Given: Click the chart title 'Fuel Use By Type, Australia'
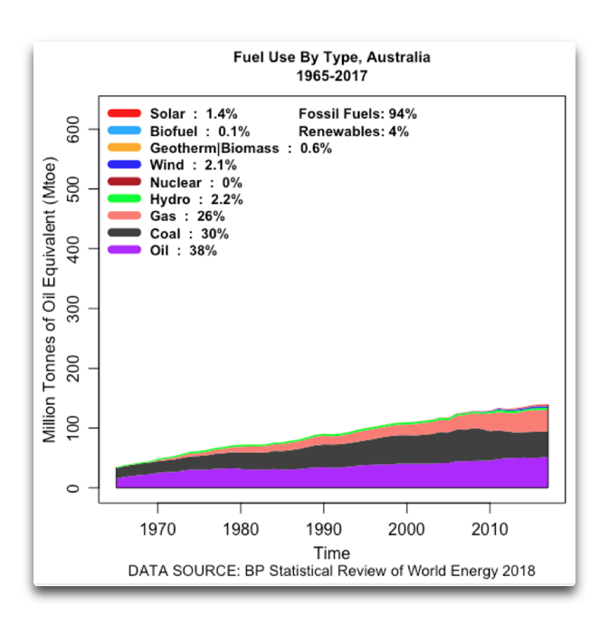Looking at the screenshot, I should pos(331,58).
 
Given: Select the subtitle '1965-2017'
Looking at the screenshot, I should pos(331,76).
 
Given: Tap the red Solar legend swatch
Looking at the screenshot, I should pos(124,114).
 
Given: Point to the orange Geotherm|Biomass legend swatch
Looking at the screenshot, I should pos(124,149).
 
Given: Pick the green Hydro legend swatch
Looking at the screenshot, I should pos(124,199).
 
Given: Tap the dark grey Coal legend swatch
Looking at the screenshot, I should pos(124,234).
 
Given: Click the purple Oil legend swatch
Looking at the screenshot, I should pos(124,251).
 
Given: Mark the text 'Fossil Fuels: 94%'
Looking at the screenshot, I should pos(357,114).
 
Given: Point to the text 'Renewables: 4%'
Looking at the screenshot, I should pos(354,131).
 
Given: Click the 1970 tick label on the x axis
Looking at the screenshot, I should pos(157,527).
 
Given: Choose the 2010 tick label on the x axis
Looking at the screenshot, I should pos(490,527).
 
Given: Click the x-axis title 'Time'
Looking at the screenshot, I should pos(331,553).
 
